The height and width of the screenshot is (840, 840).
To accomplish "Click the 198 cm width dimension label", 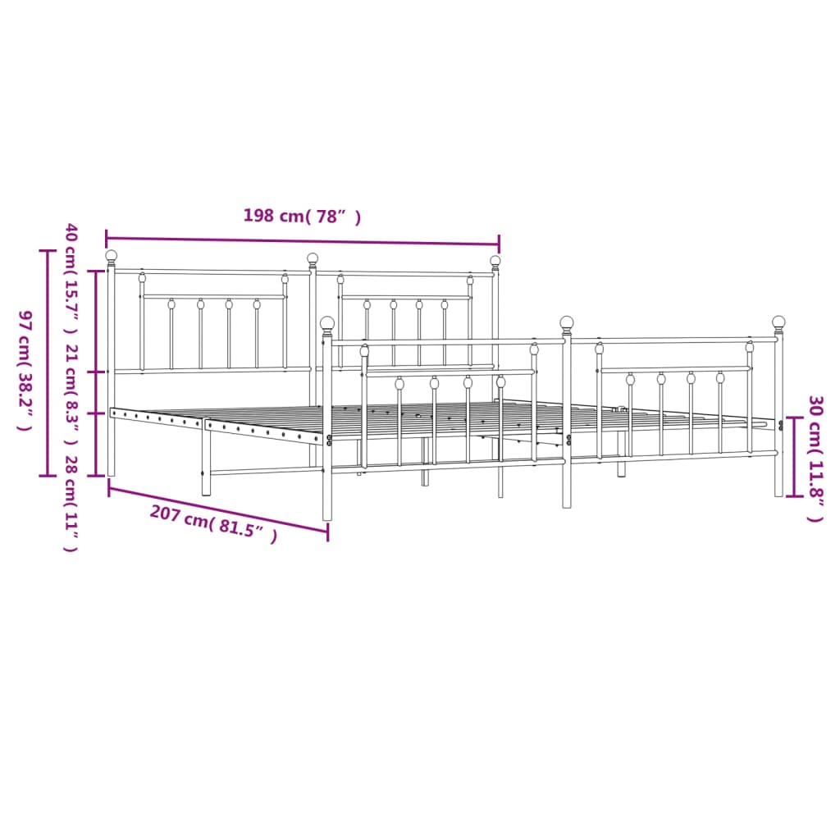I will click(301, 217).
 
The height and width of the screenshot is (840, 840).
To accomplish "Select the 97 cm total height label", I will click(25, 371).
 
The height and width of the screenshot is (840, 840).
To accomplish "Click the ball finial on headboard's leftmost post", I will click(111, 256).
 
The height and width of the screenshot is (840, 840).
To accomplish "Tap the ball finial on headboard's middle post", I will click(313, 258).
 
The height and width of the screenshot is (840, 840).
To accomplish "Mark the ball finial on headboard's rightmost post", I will click(495, 261).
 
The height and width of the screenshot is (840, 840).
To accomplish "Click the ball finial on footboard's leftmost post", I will click(327, 323).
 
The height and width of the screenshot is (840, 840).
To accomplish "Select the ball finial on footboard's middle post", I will click(567, 322).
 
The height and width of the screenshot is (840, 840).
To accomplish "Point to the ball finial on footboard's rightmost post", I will click(778, 322).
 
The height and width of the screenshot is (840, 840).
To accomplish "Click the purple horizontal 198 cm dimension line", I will click(302, 241).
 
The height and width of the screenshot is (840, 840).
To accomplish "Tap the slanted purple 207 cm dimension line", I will click(217, 509).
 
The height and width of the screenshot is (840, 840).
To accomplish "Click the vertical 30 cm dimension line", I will click(793, 457).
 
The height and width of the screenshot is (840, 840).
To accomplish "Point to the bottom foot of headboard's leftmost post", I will click(111, 472).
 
